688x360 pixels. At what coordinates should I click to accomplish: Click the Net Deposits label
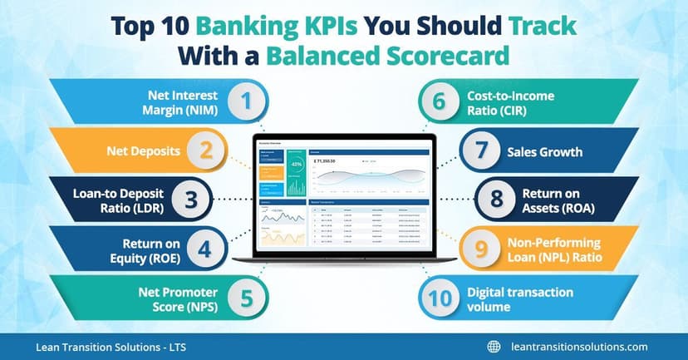[x=142, y=152]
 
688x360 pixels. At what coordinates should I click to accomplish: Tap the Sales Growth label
[x=544, y=152]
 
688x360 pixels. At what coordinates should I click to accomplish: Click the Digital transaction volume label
[x=520, y=298]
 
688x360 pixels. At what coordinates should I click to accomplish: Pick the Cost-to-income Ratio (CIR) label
[x=510, y=103]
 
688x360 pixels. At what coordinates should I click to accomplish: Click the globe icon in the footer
[x=494, y=347]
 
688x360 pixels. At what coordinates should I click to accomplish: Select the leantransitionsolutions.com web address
[x=578, y=347]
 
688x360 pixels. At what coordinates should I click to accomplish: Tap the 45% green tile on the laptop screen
[x=296, y=164]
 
